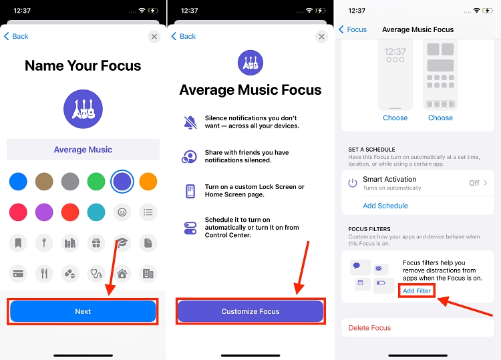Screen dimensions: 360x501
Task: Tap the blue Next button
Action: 83,311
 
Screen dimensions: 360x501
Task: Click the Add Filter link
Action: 417,291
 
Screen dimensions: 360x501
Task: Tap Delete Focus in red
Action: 369,328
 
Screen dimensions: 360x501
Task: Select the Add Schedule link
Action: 385,206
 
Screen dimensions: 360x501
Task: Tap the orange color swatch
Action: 148,181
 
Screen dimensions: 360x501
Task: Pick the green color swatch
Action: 96,181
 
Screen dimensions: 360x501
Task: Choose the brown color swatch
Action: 44,181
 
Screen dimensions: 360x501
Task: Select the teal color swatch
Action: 96,212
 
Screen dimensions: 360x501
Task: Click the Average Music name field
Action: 83,150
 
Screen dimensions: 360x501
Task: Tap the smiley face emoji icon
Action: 122,212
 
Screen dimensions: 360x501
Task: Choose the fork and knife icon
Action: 44,273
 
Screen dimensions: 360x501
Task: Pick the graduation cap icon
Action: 122,243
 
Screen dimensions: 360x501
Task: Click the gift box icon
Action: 96,243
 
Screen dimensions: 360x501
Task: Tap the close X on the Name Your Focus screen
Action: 154,37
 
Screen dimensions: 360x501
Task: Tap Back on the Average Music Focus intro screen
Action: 184,37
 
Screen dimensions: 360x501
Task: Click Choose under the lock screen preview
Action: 395,118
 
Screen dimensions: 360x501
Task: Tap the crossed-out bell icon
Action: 190,122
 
